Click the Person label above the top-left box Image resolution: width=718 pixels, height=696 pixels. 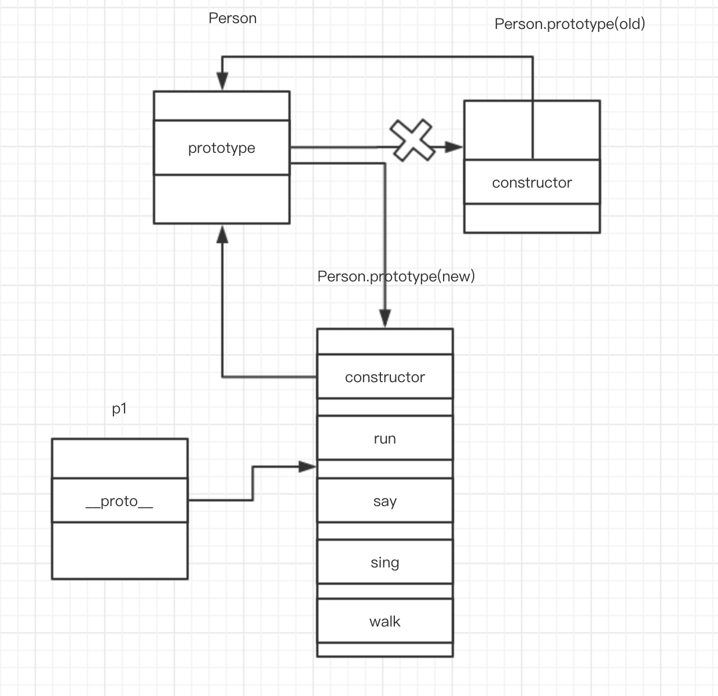coord(232,18)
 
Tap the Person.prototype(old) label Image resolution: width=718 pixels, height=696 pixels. coord(570,24)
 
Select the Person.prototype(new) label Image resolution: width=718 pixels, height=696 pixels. coord(396,276)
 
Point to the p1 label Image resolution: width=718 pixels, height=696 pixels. coord(119,409)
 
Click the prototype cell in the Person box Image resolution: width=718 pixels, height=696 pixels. coord(222,148)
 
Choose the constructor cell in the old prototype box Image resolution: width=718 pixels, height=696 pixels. coord(532,182)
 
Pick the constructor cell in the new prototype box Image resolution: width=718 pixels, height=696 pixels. coord(385,377)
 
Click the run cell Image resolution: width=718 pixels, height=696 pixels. coord(385,438)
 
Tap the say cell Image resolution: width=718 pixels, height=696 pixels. coord(385,500)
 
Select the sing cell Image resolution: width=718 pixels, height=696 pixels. coord(385,562)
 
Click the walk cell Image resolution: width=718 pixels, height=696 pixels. coord(385,621)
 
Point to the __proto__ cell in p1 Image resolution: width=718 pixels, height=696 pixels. coord(120,500)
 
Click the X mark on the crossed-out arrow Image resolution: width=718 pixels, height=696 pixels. coord(412,140)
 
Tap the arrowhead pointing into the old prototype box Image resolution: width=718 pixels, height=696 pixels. coord(454,147)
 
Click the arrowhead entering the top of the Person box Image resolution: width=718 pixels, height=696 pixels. coord(222,81)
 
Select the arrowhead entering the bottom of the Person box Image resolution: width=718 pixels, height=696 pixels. coord(222,235)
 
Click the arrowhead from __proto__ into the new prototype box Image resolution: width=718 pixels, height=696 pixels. coord(307,467)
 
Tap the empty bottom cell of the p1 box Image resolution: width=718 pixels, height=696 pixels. coord(120,550)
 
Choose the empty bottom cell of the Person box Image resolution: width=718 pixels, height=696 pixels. coord(222,199)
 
